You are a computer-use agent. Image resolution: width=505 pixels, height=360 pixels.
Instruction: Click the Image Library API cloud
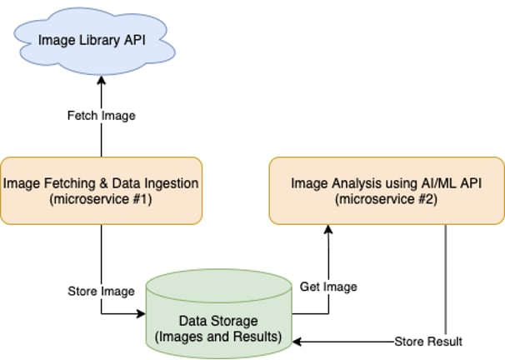click(x=94, y=41)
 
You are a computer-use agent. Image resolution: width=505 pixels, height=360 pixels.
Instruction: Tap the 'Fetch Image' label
click(x=102, y=116)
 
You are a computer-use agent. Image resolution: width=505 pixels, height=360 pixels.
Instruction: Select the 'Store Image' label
click(x=101, y=291)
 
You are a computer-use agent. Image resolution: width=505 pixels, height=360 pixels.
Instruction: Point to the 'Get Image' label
click(x=328, y=287)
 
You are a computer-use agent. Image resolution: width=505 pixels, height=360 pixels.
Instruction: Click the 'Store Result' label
click(x=428, y=342)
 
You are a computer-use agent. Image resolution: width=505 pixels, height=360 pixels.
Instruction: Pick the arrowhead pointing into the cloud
click(x=102, y=80)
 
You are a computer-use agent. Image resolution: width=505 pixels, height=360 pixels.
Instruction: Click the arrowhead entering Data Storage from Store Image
click(x=142, y=313)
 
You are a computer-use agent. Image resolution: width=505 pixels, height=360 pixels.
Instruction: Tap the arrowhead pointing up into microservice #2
click(x=328, y=229)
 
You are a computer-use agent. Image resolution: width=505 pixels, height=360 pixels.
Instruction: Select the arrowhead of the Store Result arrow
click(x=297, y=342)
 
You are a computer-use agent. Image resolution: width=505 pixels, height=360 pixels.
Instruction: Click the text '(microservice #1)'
click(x=101, y=199)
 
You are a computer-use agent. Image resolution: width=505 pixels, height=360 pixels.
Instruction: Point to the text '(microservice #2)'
click(x=386, y=199)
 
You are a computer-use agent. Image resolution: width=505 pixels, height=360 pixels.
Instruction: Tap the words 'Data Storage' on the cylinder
click(x=218, y=321)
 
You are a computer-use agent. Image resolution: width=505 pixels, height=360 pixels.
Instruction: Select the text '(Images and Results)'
click(x=218, y=337)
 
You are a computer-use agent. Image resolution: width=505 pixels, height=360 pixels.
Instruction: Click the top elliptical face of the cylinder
click(x=219, y=286)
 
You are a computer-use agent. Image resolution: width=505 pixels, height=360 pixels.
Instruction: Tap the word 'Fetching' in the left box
click(x=70, y=183)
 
